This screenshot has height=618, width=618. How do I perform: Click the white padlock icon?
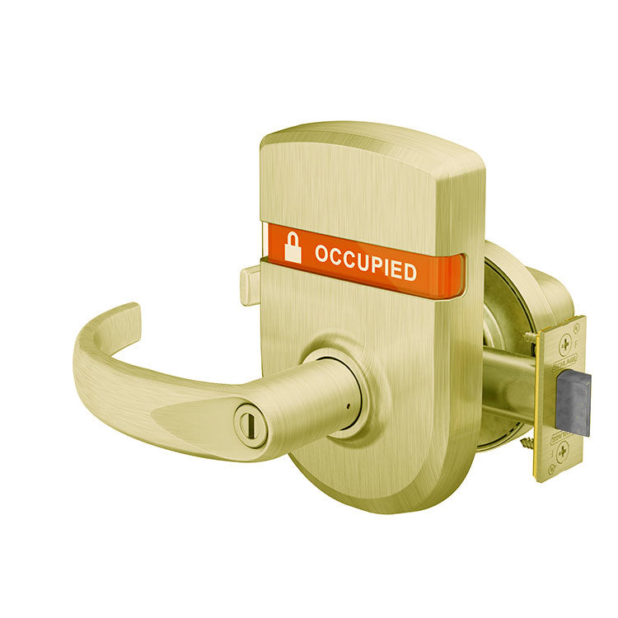(x=293, y=247)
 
